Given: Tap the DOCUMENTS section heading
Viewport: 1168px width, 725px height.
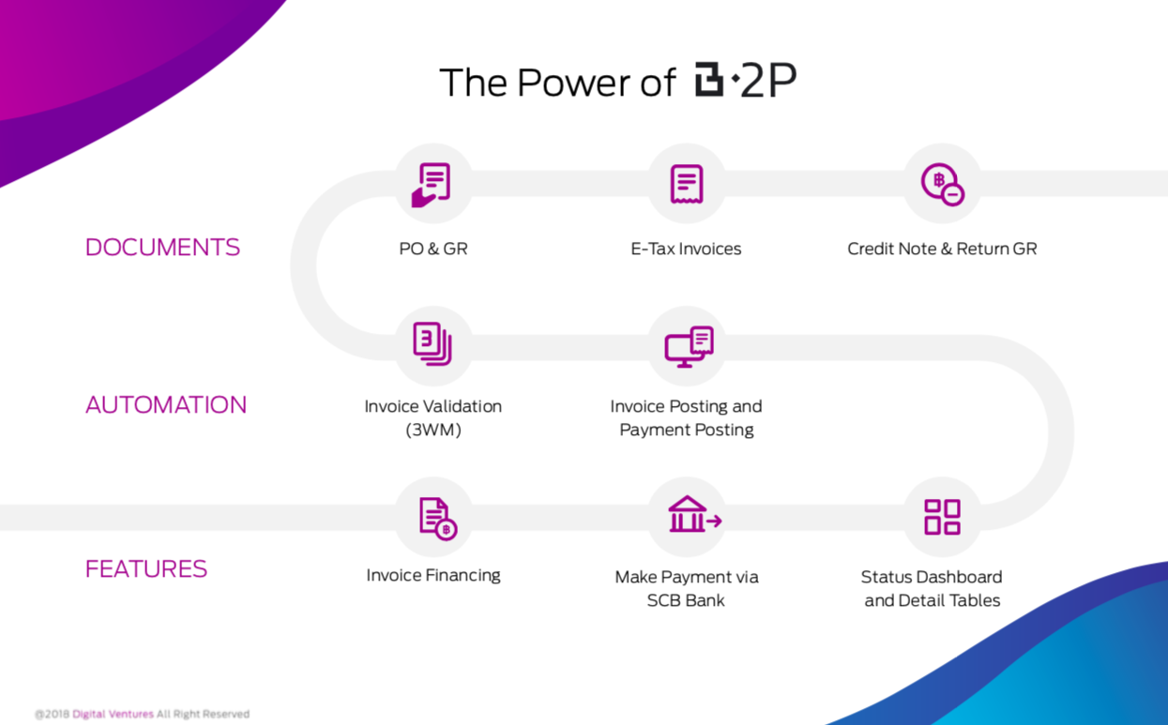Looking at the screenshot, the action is click(162, 247).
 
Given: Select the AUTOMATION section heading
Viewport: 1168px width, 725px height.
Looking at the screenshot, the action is click(166, 404).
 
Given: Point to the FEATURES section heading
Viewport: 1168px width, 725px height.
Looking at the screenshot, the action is click(146, 568).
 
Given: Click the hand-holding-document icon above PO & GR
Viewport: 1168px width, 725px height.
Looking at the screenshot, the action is click(432, 185).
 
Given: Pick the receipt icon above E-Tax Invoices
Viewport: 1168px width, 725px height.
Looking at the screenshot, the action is click(687, 184).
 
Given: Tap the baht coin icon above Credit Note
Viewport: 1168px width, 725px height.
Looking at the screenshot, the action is click(943, 185).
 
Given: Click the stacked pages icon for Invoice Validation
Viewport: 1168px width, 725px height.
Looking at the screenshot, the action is click(432, 343).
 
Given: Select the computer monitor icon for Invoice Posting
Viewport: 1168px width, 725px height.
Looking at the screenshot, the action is click(689, 347).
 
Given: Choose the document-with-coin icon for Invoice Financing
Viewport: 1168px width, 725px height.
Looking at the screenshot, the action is click(438, 519).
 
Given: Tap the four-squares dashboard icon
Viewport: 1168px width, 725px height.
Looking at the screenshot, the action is click(942, 517).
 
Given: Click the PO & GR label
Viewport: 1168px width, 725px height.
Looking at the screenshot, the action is click(433, 249).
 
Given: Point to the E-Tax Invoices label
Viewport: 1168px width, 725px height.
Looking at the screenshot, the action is click(686, 249).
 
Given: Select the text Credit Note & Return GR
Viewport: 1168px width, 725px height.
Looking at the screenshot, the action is click(942, 249).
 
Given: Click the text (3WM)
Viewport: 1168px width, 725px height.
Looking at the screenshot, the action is click(433, 430).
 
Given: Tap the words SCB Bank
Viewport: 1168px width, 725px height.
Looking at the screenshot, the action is click(686, 600).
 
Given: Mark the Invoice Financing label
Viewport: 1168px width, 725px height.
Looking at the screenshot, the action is click(433, 575).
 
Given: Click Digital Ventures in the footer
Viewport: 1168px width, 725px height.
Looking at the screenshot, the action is click(113, 714).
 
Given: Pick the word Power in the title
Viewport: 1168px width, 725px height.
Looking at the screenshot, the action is click(573, 83).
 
